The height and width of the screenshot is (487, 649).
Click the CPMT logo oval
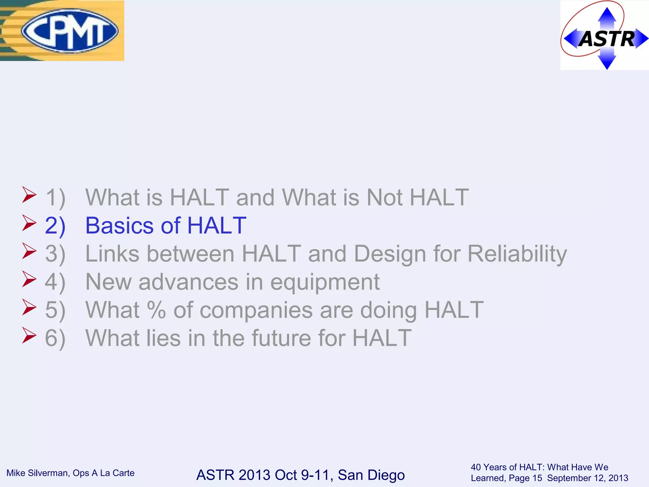click(70, 31)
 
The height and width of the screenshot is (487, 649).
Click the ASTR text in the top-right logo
click(606, 39)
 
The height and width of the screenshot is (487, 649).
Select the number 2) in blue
click(55, 226)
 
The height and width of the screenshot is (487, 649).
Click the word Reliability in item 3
click(517, 254)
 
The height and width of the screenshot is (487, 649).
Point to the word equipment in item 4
click(325, 282)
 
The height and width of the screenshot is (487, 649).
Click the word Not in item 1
click(384, 198)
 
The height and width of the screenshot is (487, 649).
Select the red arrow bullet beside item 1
click(29, 195)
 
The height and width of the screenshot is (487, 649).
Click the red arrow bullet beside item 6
click(29, 335)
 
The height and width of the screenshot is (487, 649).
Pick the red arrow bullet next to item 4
click(29, 279)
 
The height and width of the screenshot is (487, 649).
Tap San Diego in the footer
click(371, 475)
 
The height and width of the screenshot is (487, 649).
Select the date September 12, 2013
click(588, 478)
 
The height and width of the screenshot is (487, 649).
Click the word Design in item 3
click(390, 254)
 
